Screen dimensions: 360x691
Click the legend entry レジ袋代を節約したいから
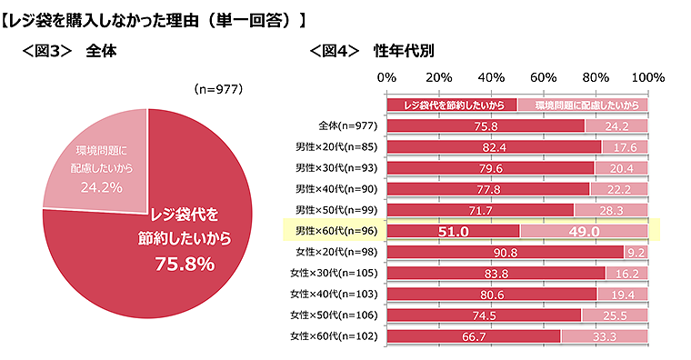click(x=452, y=105)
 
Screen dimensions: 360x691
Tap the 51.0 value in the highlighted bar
click(x=452, y=232)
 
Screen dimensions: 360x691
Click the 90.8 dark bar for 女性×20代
click(x=505, y=252)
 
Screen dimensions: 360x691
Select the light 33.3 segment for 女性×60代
click(x=604, y=335)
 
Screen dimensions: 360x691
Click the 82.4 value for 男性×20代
click(x=494, y=146)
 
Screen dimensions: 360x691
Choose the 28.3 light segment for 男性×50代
click(x=610, y=210)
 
